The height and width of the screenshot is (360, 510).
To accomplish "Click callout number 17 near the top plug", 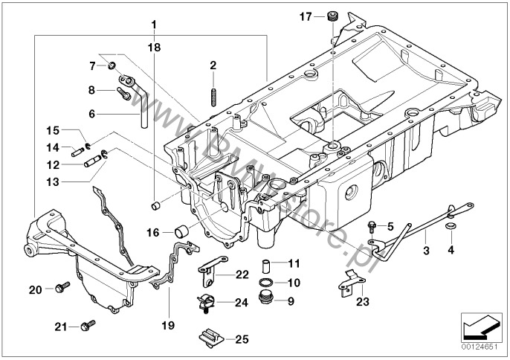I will [x=306, y=16].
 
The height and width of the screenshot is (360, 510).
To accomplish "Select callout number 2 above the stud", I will [x=213, y=66].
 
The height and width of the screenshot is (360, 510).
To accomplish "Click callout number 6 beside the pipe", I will [x=92, y=114].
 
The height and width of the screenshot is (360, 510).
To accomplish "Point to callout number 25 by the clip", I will [x=241, y=340].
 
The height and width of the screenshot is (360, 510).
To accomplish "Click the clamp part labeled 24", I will [x=207, y=303].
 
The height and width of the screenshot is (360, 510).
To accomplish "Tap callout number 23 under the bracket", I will [x=361, y=302].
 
